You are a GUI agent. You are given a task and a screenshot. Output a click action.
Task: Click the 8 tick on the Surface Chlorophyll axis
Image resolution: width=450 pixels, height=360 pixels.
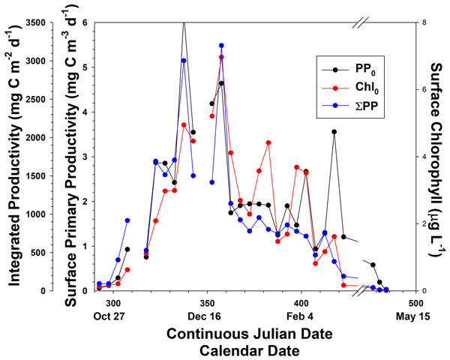coord(424,22)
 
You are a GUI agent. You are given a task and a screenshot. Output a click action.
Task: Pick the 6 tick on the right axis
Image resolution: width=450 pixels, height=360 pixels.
coord(424,89)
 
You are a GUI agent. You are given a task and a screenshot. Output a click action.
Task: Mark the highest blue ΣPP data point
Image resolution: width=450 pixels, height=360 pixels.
coord(221,46)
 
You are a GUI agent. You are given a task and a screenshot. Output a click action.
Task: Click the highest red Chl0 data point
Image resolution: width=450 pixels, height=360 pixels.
coord(221,57)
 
